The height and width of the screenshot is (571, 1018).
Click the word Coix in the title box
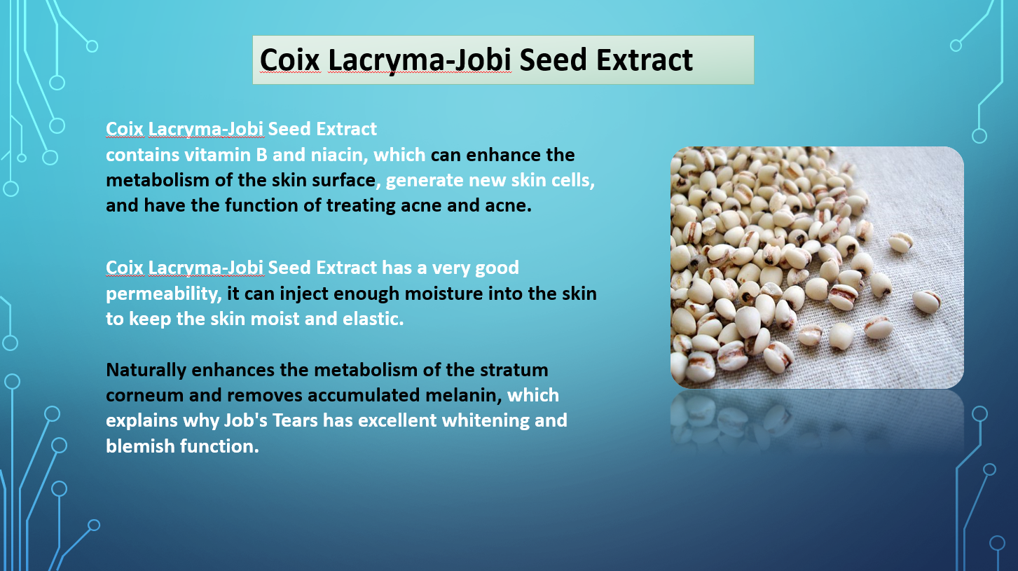[x=290, y=60]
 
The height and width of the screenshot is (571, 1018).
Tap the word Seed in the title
[x=553, y=60]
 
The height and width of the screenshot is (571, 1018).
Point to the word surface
[x=346, y=181]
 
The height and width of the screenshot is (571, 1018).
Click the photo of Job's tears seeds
[x=817, y=268]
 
